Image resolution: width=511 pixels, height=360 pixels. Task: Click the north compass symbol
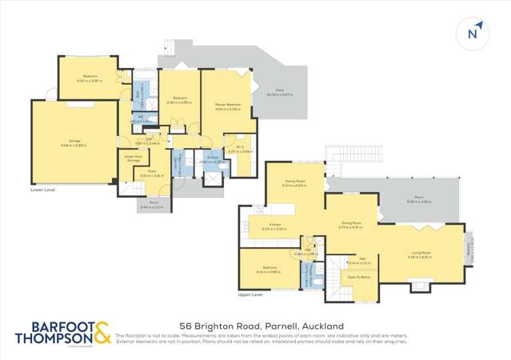click(473, 34)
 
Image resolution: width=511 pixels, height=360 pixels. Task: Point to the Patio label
click(281, 94)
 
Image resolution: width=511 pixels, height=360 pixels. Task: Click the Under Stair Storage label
click(133, 158)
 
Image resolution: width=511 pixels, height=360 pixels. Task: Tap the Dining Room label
click(351, 226)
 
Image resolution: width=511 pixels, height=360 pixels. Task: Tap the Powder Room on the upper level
click(310, 278)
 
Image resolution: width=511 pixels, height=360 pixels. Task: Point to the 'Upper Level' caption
click(250, 295)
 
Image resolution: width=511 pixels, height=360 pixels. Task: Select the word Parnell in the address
click(279, 326)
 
